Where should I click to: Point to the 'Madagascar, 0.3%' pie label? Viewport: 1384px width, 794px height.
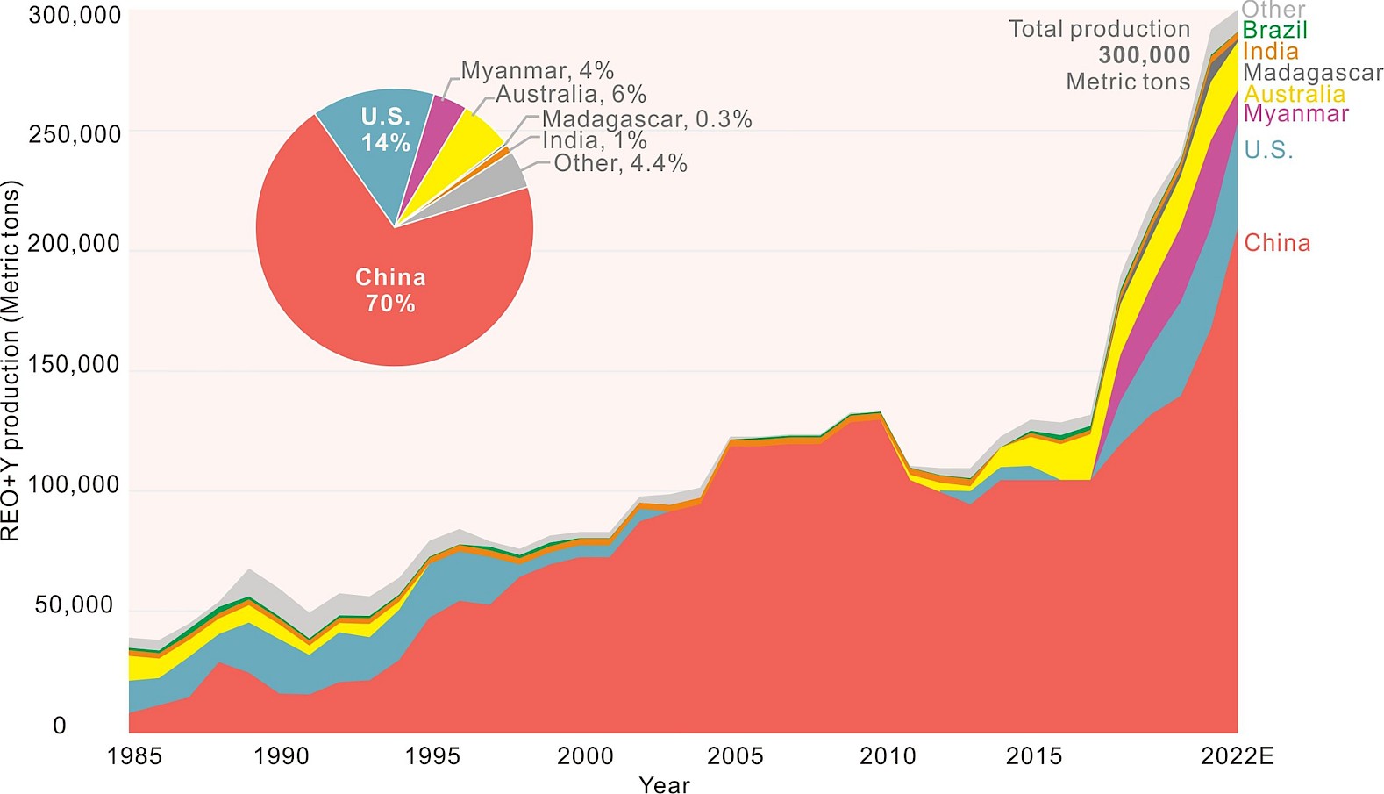646,119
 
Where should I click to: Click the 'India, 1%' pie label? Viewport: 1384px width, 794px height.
594,140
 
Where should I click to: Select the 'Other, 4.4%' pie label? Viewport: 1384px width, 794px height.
620,163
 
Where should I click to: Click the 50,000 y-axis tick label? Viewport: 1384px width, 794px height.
74,605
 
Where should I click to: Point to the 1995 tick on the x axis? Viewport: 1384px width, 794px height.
432,756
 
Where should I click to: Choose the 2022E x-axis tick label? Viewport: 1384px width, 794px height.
1237,756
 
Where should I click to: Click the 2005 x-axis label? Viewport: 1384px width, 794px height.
735,756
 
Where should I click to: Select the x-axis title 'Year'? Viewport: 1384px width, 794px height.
664,784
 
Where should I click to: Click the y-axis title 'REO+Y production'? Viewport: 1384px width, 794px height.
11,360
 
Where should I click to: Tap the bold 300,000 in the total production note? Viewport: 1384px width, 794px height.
1144,55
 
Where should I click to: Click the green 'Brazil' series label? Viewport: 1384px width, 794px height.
1274,30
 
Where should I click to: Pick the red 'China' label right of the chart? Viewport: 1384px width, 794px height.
1277,243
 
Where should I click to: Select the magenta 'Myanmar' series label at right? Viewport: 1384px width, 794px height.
1295,114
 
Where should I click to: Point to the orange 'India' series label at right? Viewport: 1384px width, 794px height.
1270,51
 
